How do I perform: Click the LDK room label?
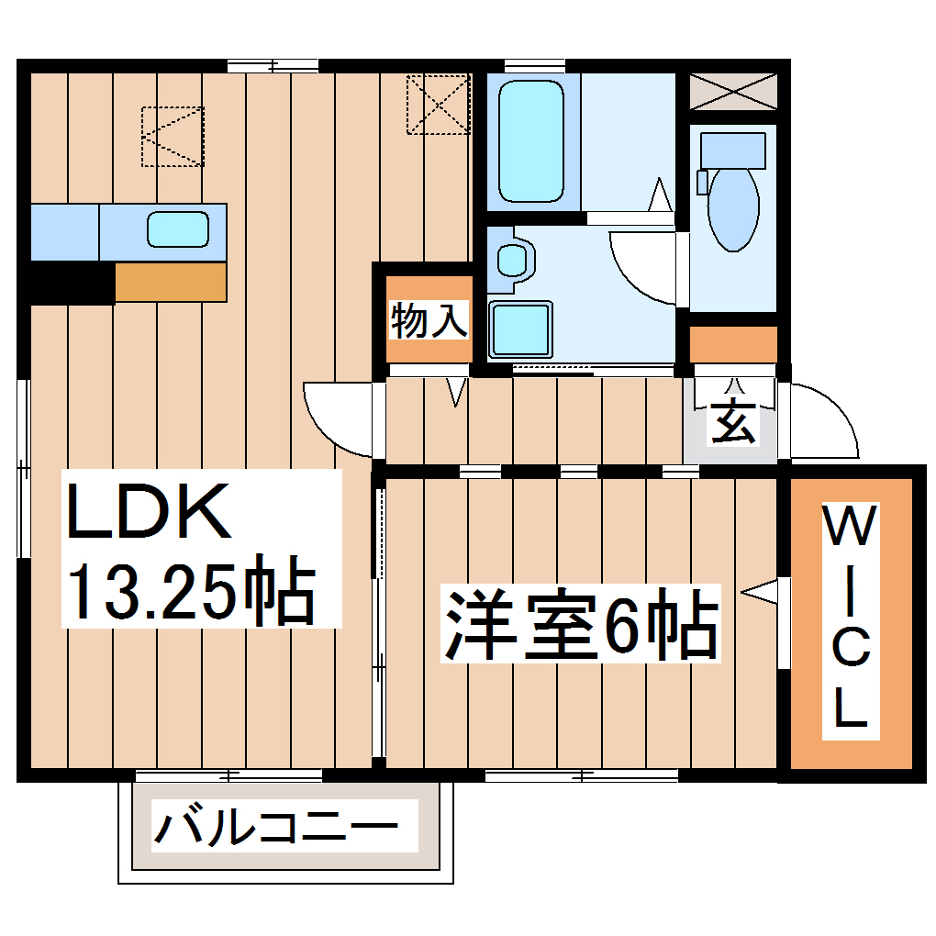(147, 512)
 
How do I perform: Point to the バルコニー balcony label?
(276, 829)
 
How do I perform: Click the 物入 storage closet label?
(429, 320)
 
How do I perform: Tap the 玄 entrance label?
(733, 421)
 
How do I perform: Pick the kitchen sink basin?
(178, 228)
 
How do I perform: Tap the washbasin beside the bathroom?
(510, 257)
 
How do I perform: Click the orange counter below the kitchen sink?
(171, 283)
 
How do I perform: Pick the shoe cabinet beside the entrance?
(733, 343)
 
